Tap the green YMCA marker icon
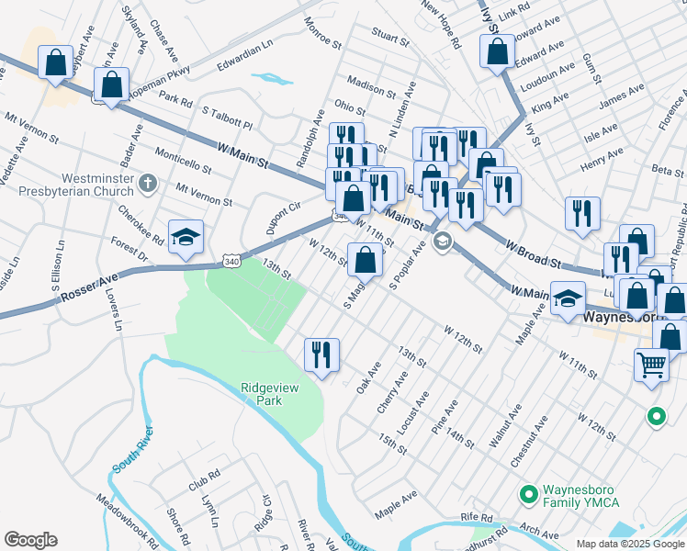click(528, 494)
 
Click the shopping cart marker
click(651, 364)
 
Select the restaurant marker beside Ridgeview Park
click(321, 354)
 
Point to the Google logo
click(31, 540)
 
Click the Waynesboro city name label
click(621, 317)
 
